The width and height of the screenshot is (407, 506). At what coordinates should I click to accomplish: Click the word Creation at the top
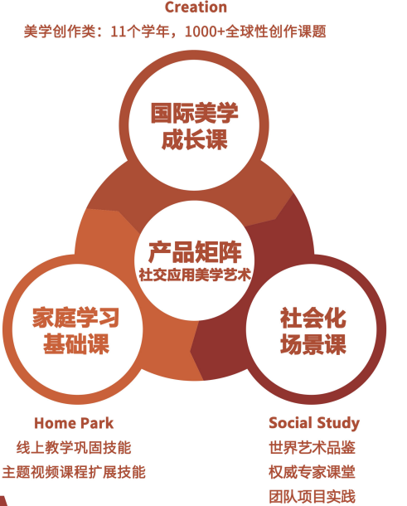click(196, 7)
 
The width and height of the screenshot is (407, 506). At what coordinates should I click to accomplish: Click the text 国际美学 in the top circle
click(195, 113)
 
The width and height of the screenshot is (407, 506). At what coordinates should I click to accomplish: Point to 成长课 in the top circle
click(195, 139)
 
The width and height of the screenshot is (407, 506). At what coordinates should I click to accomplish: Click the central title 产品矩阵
click(195, 252)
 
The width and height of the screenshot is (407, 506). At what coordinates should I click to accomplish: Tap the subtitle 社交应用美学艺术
click(195, 275)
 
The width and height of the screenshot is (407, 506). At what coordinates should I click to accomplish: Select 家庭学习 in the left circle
click(75, 318)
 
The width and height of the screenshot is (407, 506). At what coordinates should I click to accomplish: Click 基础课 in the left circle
click(76, 344)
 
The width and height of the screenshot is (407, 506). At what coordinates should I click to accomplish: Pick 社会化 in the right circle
click(313, 318)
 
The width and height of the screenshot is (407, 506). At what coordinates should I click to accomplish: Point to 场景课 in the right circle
click(313, 344)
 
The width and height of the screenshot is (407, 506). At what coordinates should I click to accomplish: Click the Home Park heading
click(74, 423)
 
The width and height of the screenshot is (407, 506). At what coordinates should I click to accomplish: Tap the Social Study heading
click(314, 423)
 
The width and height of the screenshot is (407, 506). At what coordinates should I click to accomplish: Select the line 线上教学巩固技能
click(74, 448)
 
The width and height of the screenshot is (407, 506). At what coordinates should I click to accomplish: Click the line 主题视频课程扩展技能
click(74, 472)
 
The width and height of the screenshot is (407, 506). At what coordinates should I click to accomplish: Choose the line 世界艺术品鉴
click(313, 448)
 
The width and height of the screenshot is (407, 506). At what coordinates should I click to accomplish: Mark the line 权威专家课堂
click(313, 472)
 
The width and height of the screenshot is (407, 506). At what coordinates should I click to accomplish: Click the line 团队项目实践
click(313, 497)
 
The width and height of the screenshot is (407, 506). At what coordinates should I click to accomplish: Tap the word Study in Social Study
click(338, 424)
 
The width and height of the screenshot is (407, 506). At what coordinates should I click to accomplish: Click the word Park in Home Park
click(97, 423)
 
